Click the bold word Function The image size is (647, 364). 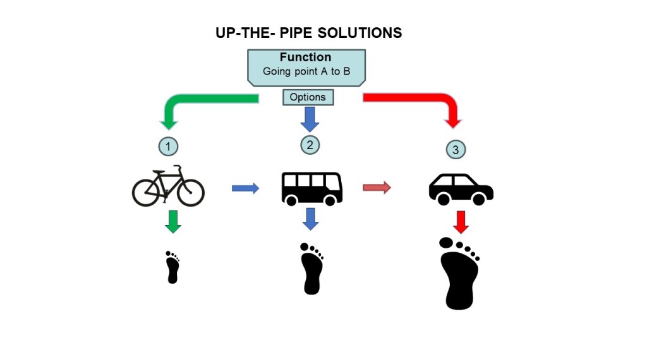[x=306, y=58]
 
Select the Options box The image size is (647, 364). [x=308, y=97]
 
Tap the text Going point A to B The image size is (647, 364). [x=306, y=71]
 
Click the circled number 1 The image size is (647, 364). [x=167, y=147]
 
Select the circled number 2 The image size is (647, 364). [x=310, y=145]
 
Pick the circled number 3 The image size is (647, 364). [x=456, y=150]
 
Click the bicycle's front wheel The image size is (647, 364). [x=190, y=191]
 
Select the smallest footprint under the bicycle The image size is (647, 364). [x=172, y=267]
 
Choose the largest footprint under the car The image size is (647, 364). [x=459, y=274]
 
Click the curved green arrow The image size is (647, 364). [x=190, y=105]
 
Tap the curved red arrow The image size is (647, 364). [x=430, y=104]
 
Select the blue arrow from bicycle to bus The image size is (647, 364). [x=245, y=188]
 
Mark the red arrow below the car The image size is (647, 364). [x=461, y=221]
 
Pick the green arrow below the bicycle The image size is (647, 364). [x=172, y=221]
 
